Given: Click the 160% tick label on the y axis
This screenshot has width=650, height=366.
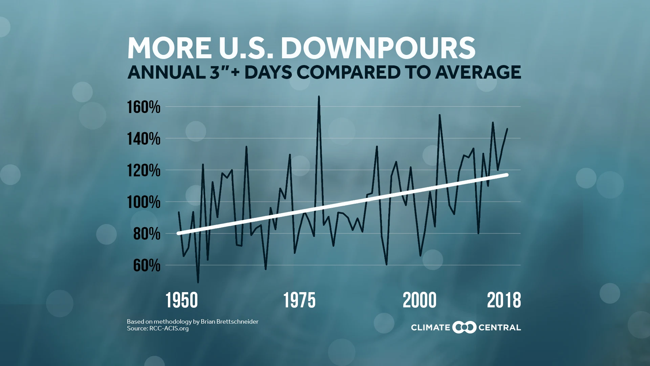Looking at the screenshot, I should pos(144,107).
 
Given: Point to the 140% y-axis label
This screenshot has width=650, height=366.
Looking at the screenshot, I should pos(144,139).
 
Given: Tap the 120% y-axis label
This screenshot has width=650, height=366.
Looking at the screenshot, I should pos(144,170).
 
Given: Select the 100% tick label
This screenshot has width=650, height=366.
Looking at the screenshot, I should pos(144,202).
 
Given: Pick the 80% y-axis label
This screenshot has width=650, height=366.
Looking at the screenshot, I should pos(147,234).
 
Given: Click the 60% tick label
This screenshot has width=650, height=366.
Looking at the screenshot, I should pos(147,265).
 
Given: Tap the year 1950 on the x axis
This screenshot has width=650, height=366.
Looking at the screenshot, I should pos(182,301).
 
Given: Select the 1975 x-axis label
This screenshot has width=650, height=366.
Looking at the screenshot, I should pos(299,301).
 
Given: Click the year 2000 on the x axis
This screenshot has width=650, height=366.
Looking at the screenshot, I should pos(419,301).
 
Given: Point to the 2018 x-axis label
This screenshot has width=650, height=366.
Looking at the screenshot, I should pos(504,301).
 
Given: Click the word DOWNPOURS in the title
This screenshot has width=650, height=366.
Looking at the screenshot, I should pos(378,48).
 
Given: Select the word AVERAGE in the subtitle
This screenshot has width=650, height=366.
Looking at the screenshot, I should pos(478,72).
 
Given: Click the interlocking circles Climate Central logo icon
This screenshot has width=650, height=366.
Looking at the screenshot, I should pos(464,327).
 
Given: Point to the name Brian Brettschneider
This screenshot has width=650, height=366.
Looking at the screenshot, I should pos(230,322).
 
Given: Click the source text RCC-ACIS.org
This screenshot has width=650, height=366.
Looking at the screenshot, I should pos(169,328).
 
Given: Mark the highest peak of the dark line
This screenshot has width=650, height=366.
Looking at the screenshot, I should pos(319,97).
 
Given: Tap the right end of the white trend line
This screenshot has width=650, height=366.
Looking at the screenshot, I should pos(507,175).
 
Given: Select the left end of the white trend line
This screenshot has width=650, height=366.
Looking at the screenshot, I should pos(178,233).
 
